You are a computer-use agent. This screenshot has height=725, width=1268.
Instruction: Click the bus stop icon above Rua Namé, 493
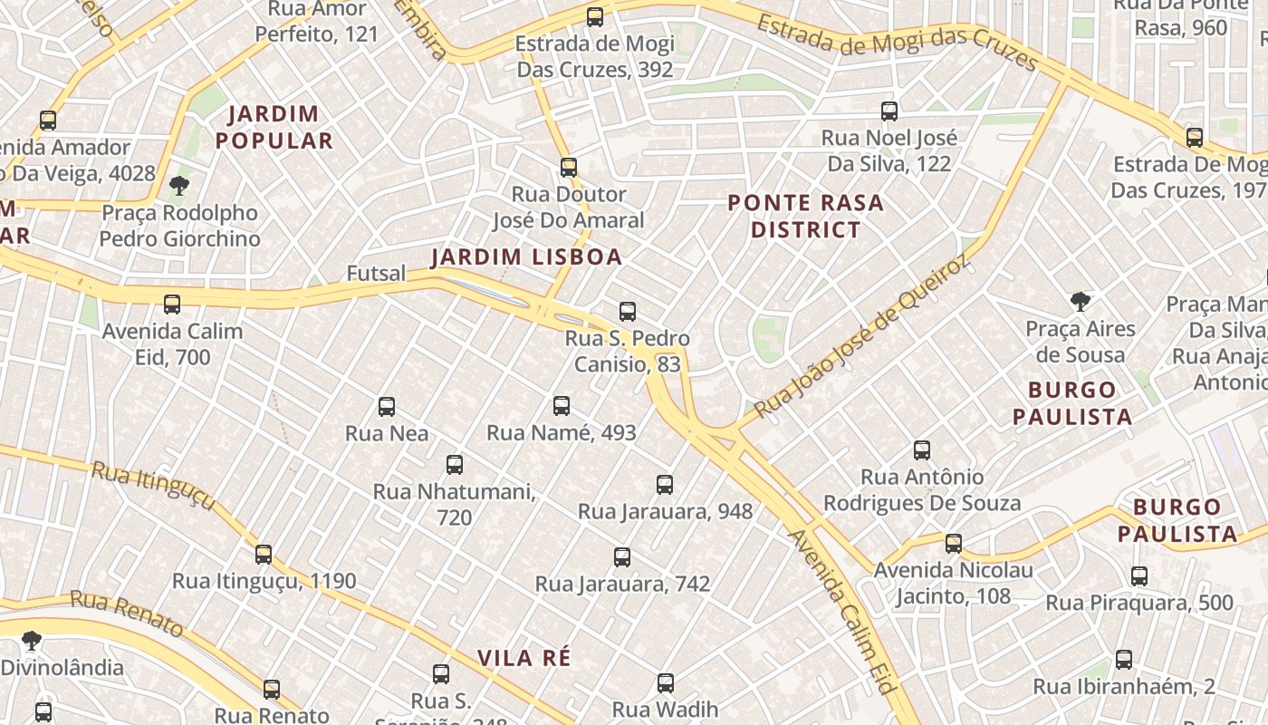tap(562, 406)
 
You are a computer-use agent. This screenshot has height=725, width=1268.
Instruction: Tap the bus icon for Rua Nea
tap(387, 407)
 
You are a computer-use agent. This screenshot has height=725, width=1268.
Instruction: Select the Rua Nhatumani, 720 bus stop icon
tap(455, 465)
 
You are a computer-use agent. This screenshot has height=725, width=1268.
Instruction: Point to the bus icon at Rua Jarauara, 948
tap(665, 485)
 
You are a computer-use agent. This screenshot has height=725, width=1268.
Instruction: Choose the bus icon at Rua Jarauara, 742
tap(622, 557)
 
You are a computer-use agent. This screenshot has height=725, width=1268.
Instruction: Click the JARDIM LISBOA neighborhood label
tap(526, 257)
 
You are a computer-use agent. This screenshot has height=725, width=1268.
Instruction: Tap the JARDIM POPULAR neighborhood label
tap(280, 128)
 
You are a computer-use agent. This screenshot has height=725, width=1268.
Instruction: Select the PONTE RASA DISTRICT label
tap(805, 217)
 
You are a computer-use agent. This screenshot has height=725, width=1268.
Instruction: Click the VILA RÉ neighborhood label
tap(524, 658)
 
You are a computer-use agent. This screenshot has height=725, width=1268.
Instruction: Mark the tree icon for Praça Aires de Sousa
tap(1080, 302)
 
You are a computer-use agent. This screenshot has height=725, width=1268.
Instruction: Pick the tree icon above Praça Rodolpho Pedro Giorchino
tap(179, 186)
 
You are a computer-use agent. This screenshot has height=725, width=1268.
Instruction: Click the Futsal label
tap(376, 273)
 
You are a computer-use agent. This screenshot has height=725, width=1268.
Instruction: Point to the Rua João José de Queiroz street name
tap(861, 338)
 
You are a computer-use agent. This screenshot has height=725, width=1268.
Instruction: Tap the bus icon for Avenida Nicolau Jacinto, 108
tap(954, 544)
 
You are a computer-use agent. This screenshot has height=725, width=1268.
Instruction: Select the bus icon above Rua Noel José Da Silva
tap(889, 111)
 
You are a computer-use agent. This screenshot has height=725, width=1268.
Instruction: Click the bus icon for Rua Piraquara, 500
tap(1139, 575)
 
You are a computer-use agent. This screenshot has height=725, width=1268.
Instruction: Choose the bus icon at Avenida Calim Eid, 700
tap(172, 304)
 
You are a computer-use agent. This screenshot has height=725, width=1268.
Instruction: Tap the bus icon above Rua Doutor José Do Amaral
tap(569, 168)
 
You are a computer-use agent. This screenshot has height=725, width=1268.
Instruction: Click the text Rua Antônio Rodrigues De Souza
tap(922, 489)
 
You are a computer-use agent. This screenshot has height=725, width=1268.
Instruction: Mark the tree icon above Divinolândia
tap(32, 641)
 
